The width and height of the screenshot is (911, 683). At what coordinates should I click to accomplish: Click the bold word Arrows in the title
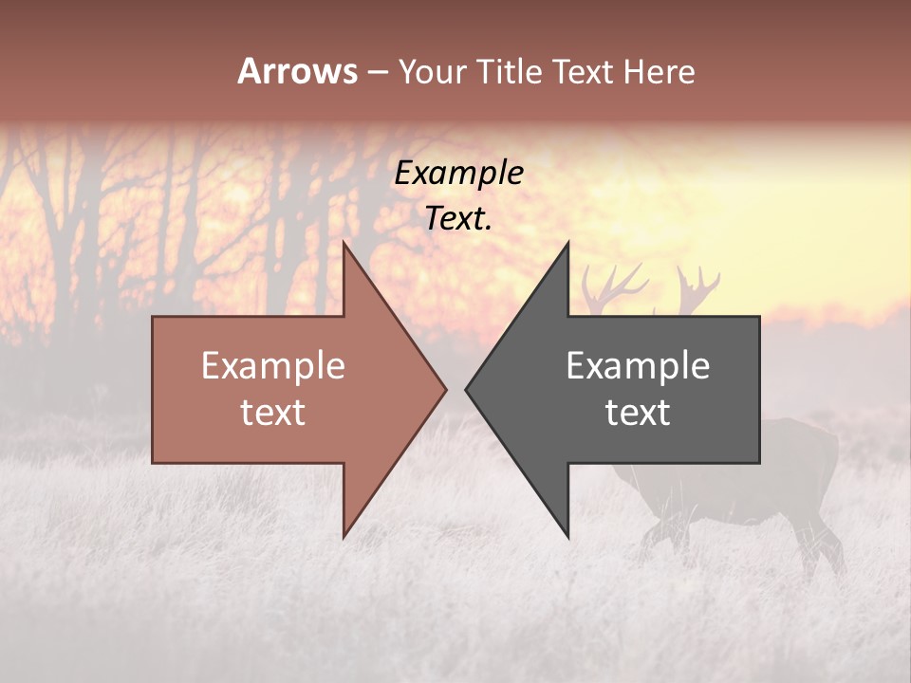(x=297, y=71)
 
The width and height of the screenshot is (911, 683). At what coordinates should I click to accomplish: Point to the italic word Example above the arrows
(x=458, y=174)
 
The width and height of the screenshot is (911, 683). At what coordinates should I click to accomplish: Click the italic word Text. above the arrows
(x=458, y=219)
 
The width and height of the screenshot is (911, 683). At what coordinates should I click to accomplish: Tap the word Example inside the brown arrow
(x=272, y=366)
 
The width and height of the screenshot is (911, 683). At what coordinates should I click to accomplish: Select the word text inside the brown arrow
(x=272, y=413)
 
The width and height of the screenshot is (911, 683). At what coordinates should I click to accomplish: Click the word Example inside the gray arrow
(x=638, y=366)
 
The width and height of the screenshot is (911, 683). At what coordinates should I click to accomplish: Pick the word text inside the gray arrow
(x=638, y=413)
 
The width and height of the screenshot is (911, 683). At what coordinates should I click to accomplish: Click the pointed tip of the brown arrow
(x=445, y=389)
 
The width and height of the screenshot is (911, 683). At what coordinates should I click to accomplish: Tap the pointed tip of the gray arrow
(x=466, y=389)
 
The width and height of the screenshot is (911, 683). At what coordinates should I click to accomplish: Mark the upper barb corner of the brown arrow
(x=344, y=243)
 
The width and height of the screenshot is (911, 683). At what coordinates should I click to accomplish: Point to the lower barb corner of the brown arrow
(x=344, y=536)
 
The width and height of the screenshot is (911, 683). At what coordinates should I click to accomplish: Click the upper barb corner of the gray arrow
(x=567, y=243)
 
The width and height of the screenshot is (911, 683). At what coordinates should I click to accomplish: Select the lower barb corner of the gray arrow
(x=567, y=536)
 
